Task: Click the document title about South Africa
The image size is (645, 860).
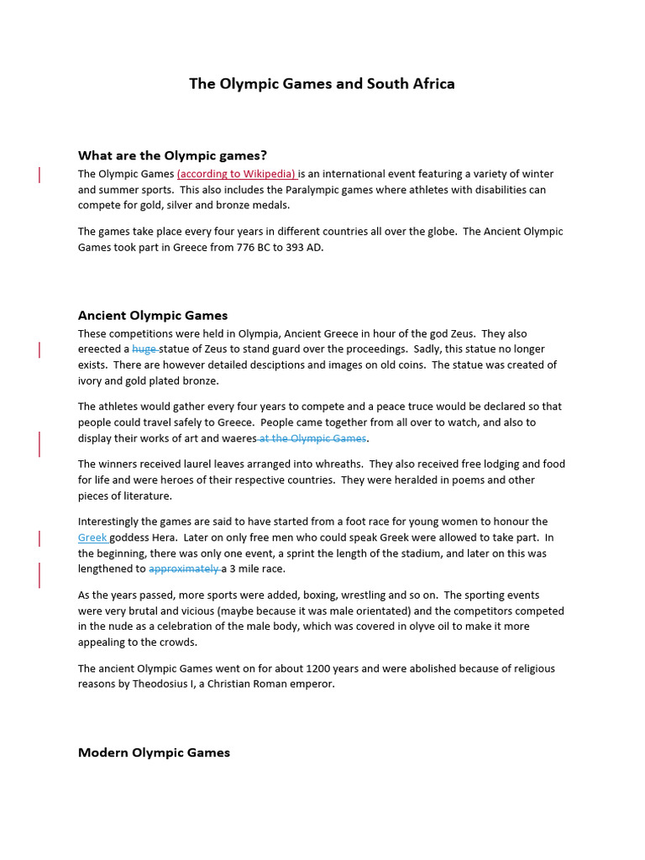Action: [x=322, y=84]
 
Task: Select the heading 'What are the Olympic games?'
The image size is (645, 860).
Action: [x=172, y=155]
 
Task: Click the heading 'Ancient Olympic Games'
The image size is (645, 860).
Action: [x=153, y=316]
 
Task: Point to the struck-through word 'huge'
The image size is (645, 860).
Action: [x=144, y=349]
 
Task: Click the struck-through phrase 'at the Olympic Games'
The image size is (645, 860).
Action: [x=312, y=438]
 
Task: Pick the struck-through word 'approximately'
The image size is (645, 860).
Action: [x=183, y=569]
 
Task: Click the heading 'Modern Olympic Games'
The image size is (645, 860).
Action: [x=154, y=752]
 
